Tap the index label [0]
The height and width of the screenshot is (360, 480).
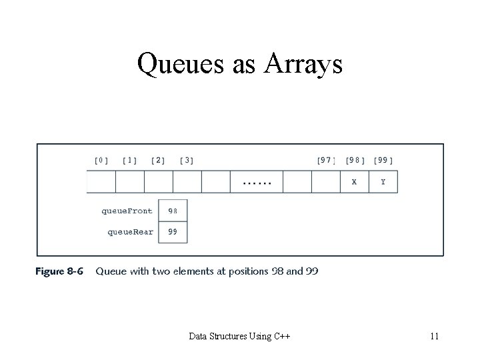pos(101,160)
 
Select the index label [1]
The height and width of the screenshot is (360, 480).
pos(130,160)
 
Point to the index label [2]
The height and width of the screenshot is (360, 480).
pos(159,160)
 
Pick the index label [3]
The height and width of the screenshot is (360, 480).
pos(187,160)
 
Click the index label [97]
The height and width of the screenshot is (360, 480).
pos(326,160)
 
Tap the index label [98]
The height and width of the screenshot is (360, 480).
pos(355,160)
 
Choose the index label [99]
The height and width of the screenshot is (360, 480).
pos(383,160)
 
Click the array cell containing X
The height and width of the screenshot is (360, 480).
pos(354,182)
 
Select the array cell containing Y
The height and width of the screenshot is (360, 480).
pos(383,182)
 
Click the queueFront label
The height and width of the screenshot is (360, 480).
pos(127,211)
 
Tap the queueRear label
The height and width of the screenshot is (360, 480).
pos(130,232)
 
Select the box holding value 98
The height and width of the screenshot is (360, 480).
pos(173,211)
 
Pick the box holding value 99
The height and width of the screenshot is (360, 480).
pos(173,232)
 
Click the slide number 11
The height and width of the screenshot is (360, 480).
pos(434,337)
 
